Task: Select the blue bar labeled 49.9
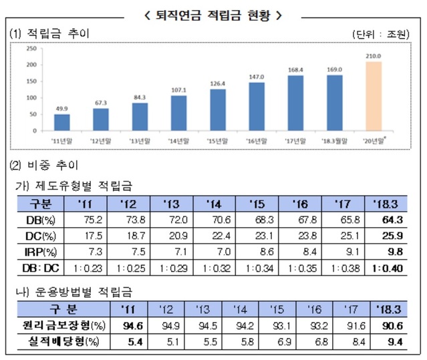61,123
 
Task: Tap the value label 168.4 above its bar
296,69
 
